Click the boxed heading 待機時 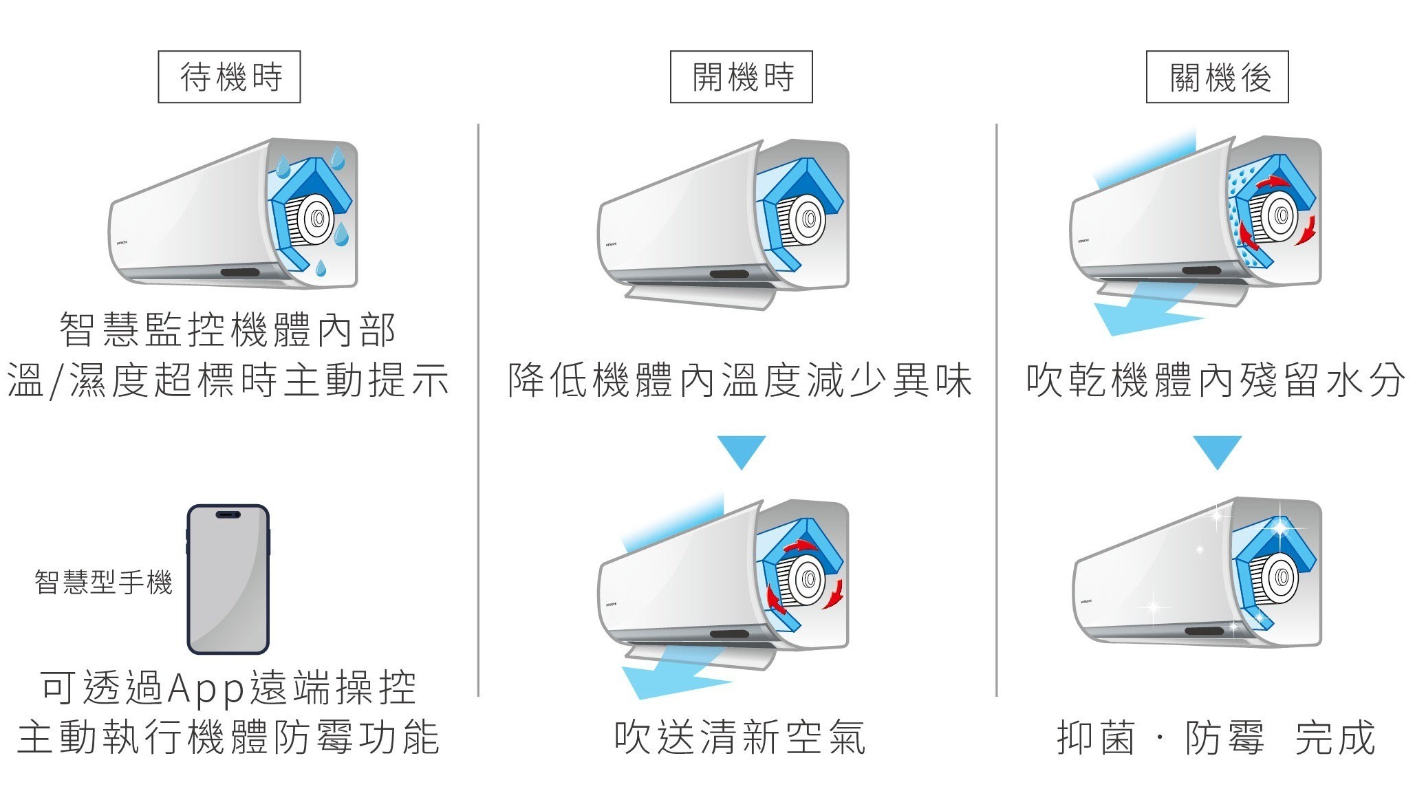coord(229,76)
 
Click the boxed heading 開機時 coord(741,76)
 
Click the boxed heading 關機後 coord(1217,76)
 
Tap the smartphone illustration coord(228,579)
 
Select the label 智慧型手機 coord(103,582)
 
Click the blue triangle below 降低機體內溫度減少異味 coord(741,451)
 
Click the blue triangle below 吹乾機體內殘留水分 coord(1217,451)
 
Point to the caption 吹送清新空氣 coord(739,737)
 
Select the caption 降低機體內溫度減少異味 coord(739,380)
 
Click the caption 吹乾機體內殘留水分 coord(1215,380)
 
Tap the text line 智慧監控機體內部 coord(228,329)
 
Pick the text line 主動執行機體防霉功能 coord(228,737)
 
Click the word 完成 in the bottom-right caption coord(1335,737)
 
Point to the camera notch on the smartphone coord(228,514)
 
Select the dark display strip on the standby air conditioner coord(240,272)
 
